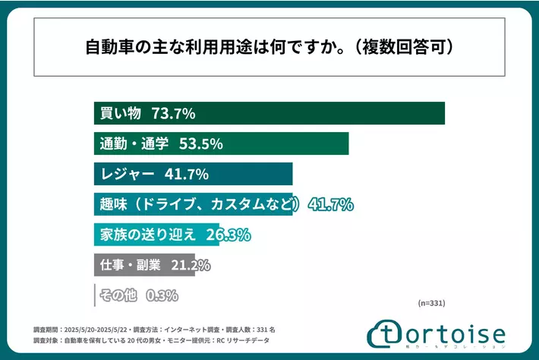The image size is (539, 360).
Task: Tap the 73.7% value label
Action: (174, 114)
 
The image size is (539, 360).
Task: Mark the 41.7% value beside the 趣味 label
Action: (331, 204)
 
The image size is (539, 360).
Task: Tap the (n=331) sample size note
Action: (431, 303)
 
